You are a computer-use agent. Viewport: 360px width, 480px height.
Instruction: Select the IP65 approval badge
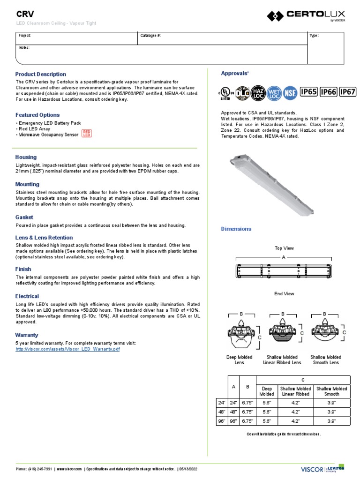pyautogui.click(x=308, y=92)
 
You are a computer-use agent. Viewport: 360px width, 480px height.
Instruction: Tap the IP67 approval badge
pyautogui.click(x=348, y=92)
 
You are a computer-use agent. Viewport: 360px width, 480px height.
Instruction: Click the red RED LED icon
pyautogui.click(x=87, y=134)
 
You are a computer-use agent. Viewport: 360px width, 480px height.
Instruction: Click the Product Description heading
pyautogui.click(x=41, y=74)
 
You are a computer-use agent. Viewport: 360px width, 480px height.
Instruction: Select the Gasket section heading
pyautogui.click(x=24, y=217)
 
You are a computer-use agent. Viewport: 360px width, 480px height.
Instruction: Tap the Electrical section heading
pyautogui.click(x=27, y=296)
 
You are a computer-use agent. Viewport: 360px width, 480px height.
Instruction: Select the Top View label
pyautogui.click(x=284, y=248)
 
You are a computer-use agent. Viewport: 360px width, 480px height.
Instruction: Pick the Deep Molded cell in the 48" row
pyautogui.click(x=266, y=412)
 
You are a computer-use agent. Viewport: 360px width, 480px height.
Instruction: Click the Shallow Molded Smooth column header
pyautogui.click(x=331, y=391)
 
